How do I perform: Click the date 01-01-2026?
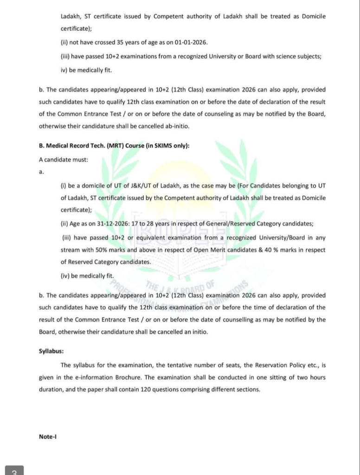(191, 43)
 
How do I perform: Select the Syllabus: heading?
(51, 351)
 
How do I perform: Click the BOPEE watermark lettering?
(176, 229)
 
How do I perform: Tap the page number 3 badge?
(14, 470)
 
